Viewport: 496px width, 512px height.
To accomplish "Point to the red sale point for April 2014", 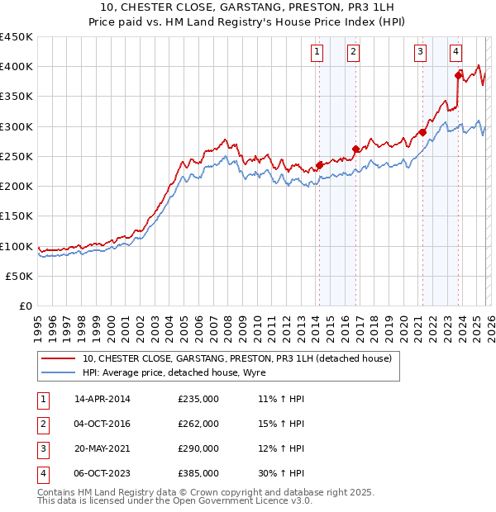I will [319, 165].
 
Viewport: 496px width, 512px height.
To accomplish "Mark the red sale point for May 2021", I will [422, 132].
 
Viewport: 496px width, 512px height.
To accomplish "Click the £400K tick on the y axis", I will [17, 67].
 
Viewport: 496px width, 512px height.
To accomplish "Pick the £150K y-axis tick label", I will [17, 216].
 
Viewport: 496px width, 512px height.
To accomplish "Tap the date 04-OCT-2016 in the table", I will [103, 424].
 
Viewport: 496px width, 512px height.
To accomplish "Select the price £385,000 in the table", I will [198, 474].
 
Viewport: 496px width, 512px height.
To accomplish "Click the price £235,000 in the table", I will [198, 399].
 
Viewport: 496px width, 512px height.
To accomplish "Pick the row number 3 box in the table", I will [42, 449].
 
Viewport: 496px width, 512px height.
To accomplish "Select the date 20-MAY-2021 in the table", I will [103, 449].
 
